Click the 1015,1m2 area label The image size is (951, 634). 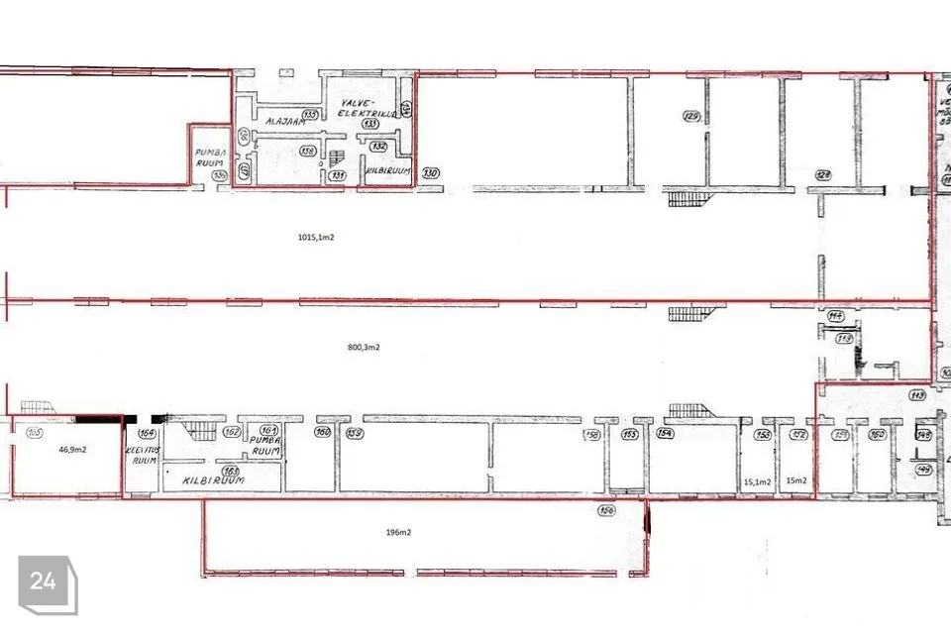316,237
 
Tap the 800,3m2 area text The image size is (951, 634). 364,348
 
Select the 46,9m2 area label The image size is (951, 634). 72,449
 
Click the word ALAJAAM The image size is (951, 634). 280,120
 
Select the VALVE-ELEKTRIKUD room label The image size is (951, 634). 369,108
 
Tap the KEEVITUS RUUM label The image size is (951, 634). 145,455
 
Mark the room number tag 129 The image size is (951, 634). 691,117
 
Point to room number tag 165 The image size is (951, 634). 35,432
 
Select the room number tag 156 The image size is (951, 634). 607,511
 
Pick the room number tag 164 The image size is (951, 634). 148,433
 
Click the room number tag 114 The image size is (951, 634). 835,316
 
